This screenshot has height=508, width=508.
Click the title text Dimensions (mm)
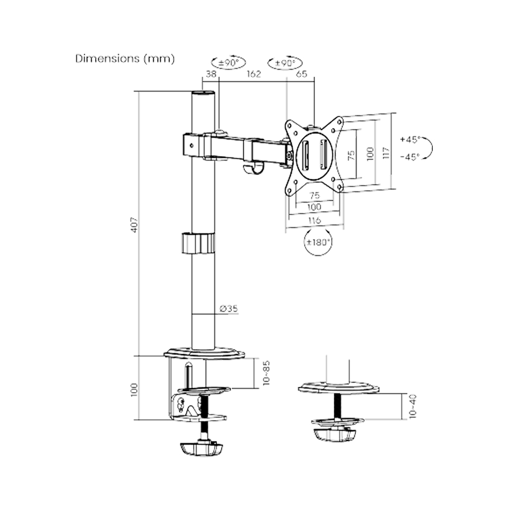(x=125, y=58)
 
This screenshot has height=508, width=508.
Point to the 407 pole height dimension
(x=134, y=224)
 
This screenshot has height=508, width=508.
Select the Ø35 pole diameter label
(x=230, y=308)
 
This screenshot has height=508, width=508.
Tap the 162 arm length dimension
(x=253, y=74)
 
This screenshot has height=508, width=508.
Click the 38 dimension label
(x=210, y=74)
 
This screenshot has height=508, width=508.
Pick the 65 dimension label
(x=301, y=74)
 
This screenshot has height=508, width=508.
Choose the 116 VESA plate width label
(x=314, y=220)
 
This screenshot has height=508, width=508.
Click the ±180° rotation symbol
(x=318, y=242)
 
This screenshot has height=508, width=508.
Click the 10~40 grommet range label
(x=412, y=406)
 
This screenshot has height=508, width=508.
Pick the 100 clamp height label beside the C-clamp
(x=134, y=389)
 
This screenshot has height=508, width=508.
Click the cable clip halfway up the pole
(x=197, y=243)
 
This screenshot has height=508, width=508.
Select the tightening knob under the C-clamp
(x=202, y=449)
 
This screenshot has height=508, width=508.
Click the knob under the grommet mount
(x=335, y=434)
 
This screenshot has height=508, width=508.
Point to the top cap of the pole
(x=203, y=93)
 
